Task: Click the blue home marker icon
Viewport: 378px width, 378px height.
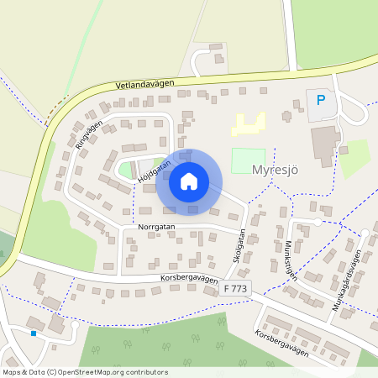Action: [x=189, y=181]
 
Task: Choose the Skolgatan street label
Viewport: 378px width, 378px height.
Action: [x=240, y=247]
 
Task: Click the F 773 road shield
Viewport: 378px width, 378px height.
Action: [x=237, y=288]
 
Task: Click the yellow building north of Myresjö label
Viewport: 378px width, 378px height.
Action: [x=247, y=126]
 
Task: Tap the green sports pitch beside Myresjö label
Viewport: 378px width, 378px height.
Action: [x=248, y=160]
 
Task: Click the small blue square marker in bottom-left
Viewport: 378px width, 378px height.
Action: [x=34, y=333]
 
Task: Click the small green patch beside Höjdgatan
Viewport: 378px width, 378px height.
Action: [x=128, y=170]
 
